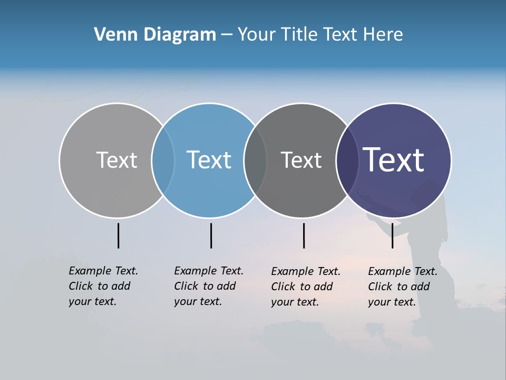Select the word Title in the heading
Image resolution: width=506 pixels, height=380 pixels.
(x=299, y=35)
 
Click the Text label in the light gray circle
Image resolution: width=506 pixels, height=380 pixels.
(x=116, y=160)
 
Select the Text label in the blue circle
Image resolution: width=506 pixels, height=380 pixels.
(x=209, y=160)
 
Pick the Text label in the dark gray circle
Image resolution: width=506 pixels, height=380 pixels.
(x=301, y=160)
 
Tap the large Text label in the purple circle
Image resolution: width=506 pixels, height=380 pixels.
(x=394, y=160)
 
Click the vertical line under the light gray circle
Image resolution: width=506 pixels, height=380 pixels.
(x=118, y=235)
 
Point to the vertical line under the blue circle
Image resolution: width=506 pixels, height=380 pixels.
(x=211, y=235)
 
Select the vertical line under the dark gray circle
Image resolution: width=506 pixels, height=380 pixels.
(x=304, y=235)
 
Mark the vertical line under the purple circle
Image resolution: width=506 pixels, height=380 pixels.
(x=392, y=235)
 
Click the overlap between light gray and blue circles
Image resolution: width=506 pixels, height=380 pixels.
(x=163, y=160)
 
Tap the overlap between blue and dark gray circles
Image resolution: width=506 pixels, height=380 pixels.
(x=255, y=160)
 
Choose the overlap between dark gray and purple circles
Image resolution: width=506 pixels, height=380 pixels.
(x=347, y=160)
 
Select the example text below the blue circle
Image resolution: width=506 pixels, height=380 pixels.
(x=208, y=286)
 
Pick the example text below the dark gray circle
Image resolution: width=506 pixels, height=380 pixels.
(x=305, y=287)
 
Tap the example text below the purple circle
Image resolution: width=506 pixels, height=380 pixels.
(x=402, y=287)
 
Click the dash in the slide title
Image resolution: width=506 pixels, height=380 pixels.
(x=227, y=35)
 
